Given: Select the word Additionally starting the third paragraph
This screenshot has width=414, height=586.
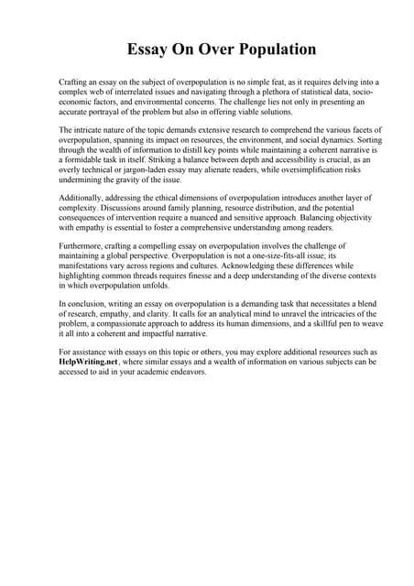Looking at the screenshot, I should [x=84, y=198].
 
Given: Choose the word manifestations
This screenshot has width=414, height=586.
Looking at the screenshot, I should [x=96, y=268].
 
